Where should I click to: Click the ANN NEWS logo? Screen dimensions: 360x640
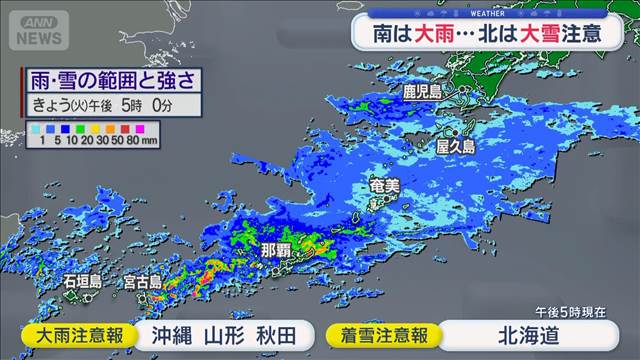click(x=39, y=30)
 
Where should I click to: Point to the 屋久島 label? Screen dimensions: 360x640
click(x=455, y=146)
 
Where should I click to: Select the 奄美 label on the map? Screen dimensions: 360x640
click(x=385, y=187)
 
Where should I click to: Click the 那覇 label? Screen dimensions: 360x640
click(x=277, y=249)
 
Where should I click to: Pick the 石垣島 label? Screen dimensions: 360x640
click(x=81, y=283)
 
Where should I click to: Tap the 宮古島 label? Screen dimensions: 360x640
click(x=143, y=284)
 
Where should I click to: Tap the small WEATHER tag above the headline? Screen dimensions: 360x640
click(x=486, y=14)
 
